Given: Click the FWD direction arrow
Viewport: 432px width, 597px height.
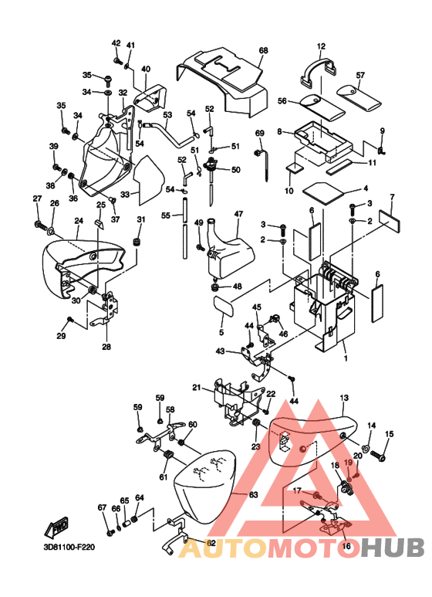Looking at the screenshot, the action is click(56, 527).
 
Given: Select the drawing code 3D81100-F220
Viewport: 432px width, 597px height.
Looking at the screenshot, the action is click(69, 548).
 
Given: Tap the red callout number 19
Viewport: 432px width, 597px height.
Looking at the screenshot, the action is click(349, 463).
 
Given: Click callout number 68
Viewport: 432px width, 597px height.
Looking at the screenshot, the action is click(263, 50).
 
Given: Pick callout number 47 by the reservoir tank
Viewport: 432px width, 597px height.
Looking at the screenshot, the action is click(238, 214).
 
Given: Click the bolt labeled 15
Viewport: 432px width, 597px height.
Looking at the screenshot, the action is click(378, 454).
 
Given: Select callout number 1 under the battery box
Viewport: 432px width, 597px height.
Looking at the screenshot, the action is click(346, 358).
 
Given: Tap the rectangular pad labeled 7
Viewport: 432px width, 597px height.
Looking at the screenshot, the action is click(389, 220).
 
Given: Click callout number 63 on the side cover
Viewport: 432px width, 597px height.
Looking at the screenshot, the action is click(253, 494).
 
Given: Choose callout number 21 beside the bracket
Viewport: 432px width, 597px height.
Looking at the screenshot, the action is click(196, 388).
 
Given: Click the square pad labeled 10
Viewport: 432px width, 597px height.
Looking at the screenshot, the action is click(295, 168).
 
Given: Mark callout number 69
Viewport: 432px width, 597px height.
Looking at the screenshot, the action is click(259, 134).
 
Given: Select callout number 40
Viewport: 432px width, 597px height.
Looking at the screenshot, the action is click(146, 70).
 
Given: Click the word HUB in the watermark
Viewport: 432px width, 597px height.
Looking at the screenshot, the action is click(392, 548).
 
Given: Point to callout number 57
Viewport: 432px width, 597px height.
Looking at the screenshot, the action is click(360, 76).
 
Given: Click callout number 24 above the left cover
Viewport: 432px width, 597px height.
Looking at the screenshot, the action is click(79, 221).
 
